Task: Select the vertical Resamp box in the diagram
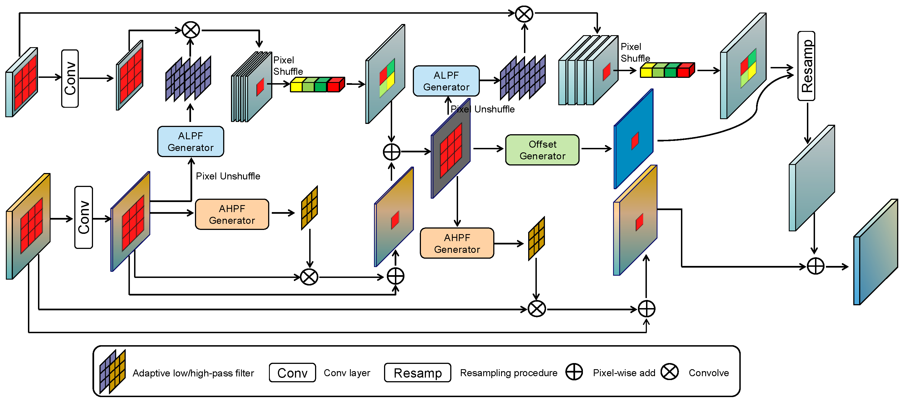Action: pos(806,66)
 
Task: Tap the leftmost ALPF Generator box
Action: pos(191,141)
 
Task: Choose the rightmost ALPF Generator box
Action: pos(446,81)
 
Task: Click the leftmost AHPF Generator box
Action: pos(232,214)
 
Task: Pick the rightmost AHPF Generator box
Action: pos(457,243)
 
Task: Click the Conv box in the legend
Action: pos(292,373)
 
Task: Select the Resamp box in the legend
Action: pos(418,373)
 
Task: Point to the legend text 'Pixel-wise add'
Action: pos(624,373)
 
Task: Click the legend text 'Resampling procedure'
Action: pos(509,373)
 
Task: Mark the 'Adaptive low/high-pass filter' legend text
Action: pos(193,373)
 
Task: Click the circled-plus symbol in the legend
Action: pos(574,372)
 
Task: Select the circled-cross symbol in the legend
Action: pos(669,372)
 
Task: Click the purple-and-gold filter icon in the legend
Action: pos(113,371)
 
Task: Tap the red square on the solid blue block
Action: pos(635,141)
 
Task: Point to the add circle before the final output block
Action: pos(815,266)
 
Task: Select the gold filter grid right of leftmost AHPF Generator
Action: pos(309,208)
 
